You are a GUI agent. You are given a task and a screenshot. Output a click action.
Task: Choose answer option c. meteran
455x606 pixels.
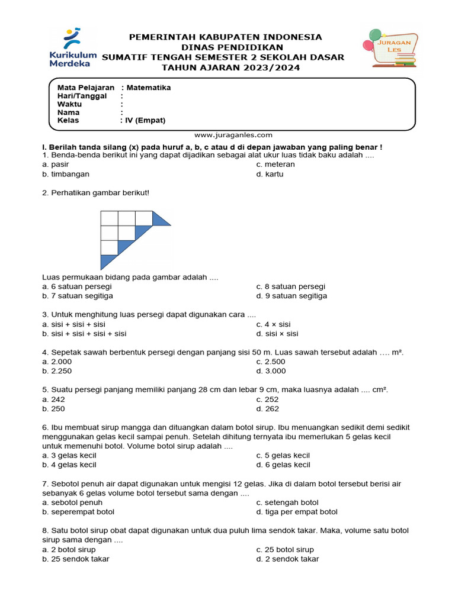pyautogui.click(x=275, y=165)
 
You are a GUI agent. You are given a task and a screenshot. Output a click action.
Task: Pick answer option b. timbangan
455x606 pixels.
pyautogui.click(x=66, y=175)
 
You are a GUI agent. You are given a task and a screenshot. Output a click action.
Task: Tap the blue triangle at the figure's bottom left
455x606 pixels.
pyautogui.click(x=107, y=260)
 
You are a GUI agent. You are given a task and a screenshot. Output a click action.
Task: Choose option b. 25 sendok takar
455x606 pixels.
pyautogui.click(x=75, y=559)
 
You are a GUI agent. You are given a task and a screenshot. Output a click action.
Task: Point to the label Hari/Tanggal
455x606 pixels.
pyautogui.click(x=82, y=96)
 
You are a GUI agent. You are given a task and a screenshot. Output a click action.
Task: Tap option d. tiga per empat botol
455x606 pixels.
pyautogui.click(x=297, y=512)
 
